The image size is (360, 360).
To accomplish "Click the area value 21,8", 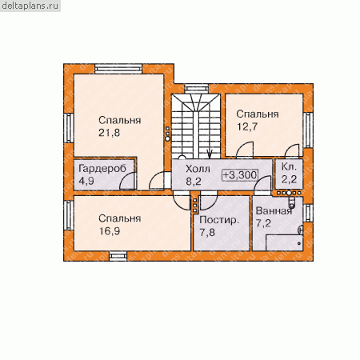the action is click(110, 133).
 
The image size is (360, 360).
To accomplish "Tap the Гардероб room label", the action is click(102, 169).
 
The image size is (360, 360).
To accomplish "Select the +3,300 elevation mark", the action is click(240, 175).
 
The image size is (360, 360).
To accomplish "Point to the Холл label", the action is click(198, 169).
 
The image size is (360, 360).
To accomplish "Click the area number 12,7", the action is click(247, 126).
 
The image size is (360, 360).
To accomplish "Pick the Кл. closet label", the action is click(289, 167).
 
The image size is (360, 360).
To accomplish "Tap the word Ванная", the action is click(274, 211).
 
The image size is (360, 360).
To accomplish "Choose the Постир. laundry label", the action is click(219, 220).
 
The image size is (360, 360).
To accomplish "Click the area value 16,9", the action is click(110, 231).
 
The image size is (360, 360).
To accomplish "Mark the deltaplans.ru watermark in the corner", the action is click(30, 6).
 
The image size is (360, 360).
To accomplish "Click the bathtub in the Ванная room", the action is click(284, 242).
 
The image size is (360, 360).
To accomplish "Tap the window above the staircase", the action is click(197, 88).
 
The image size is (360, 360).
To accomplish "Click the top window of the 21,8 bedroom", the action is click(118, 69).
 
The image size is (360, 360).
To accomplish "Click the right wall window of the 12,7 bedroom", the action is click(308, 130).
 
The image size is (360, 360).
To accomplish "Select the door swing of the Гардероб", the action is click(127, 181).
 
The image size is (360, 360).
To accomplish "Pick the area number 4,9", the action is click(86, 181).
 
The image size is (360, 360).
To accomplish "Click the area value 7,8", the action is click(207, 232).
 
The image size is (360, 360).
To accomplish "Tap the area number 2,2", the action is click(289, 179).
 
